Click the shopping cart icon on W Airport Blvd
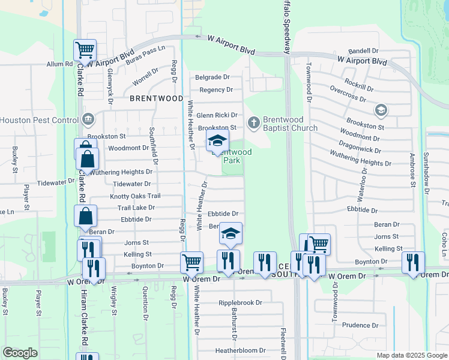(x=85, y=50)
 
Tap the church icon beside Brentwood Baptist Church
(x=254, y=123)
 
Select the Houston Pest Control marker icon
(x=89, y=119)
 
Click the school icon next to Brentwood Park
(x=217, y=142)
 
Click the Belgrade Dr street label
(x=212, y=77)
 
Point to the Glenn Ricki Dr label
(x=217, y=115)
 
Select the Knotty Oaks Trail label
(x=135, y=196)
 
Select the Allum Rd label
(x=59, y=64)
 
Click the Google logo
(x=20, y=353)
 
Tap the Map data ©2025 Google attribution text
(x=411, y=355)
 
